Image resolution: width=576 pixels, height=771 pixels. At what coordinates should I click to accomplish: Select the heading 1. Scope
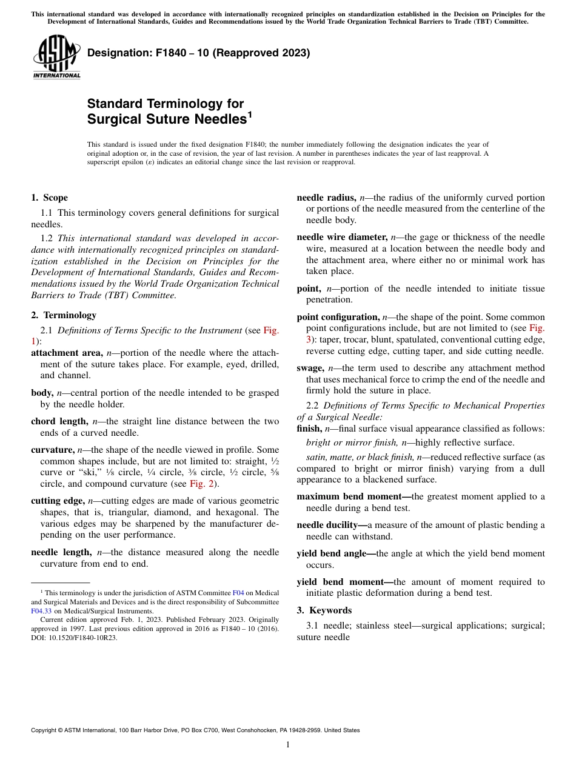[49, 198]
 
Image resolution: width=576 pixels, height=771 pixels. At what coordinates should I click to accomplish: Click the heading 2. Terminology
[64, 315]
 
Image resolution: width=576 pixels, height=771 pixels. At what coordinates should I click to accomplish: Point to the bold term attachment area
[67, 353]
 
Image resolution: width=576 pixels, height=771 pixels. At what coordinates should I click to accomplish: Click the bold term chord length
[59, 421]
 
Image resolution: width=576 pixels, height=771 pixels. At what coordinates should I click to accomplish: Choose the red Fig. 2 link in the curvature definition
[203, 484]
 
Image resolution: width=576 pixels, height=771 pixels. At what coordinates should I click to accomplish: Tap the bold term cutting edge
[58, 501]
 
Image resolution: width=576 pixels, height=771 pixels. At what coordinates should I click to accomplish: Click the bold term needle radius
[326, 198]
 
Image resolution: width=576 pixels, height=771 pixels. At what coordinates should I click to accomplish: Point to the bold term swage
[310, 368]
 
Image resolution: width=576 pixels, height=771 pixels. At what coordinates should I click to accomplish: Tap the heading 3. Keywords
[324, 610]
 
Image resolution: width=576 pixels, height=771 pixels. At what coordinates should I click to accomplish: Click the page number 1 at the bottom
[288, 744]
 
